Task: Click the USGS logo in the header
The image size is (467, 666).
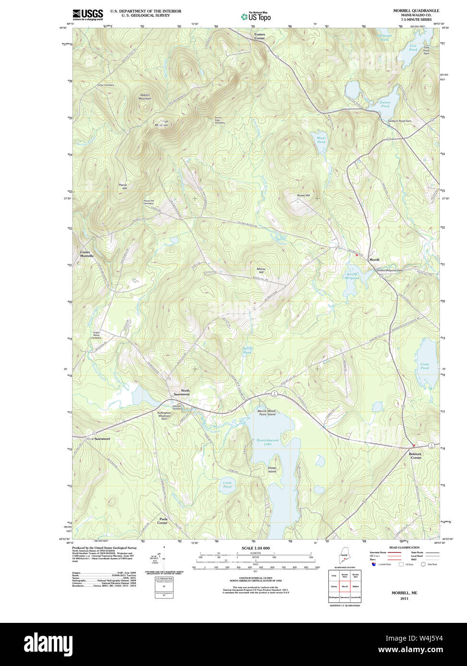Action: tap(88, 14)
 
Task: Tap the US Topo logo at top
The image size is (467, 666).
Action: tap(256, 16)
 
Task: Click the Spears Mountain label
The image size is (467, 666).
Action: tap(145, 97)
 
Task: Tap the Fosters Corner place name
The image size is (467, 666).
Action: tap(260, 36)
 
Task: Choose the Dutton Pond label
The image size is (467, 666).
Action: tap(385, 104)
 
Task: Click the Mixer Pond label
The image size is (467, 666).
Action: tap(321, 140)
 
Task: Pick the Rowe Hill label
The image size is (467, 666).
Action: tap(303, 195)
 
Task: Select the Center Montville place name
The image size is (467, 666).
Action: tap(86, 254)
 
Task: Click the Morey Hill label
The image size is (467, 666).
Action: tap(261, 271)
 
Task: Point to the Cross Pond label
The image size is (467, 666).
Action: tap(424, 366)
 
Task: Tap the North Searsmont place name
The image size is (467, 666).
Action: tap(185, 392)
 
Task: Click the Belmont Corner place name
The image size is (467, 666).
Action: tap(415, 456)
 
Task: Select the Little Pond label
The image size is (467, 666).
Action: tap(227, 484)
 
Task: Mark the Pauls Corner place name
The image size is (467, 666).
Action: tap(163, 520)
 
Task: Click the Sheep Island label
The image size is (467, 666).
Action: tap(272, 469)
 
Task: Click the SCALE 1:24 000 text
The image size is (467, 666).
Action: tap(255, 548)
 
